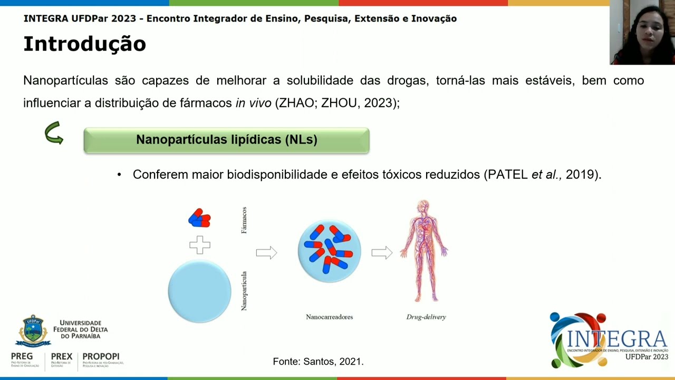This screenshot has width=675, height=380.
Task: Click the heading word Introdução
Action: click(84, 44)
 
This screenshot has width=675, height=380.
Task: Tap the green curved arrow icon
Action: click(54, 133)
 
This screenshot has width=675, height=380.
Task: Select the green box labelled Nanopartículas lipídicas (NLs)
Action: click(226, 140)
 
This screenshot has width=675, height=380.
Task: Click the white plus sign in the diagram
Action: click(199, 245)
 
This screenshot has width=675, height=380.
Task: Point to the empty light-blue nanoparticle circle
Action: click(199, 291)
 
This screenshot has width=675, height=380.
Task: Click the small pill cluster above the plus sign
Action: click(199, 218)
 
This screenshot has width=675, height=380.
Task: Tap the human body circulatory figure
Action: click(424, 251)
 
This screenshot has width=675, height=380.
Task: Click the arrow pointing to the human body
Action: click(382, 253)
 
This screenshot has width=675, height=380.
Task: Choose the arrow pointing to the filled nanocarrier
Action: click(266, 253)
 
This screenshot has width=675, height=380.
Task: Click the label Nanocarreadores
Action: click(329, 317)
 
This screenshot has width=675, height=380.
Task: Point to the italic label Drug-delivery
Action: click(426, 317)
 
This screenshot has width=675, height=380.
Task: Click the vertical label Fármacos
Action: click(244, 220)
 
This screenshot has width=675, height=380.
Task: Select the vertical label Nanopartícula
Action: click(244, 291)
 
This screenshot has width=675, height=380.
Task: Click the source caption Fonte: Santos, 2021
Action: click(318, 362)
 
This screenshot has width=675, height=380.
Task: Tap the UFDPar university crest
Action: click(33, 330)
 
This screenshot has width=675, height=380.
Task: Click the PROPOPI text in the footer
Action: click(101, 357)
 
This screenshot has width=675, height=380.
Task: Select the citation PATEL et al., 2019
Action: click(542, 175)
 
